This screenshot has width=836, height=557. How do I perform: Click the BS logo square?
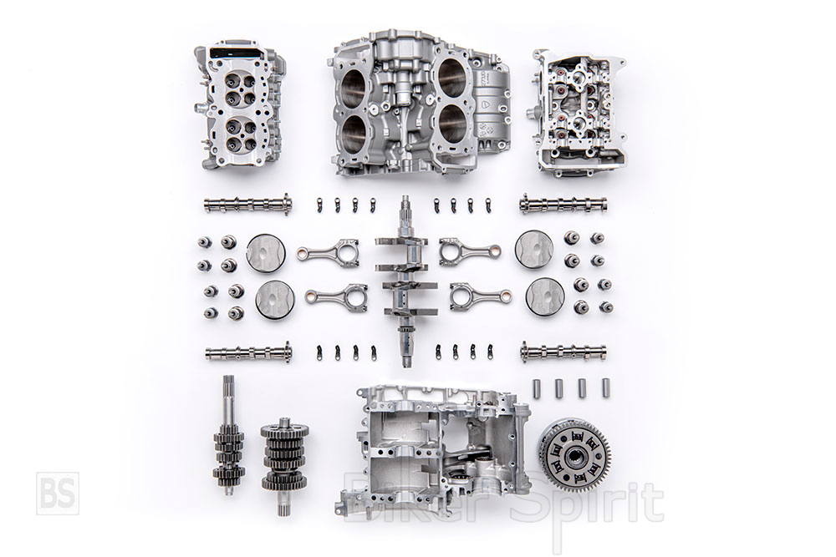tap(58, 493)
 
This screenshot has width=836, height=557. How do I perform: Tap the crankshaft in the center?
tap(405, 281)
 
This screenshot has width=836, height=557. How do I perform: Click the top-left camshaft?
tap(248, 205)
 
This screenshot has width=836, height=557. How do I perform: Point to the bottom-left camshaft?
tap(248, 352)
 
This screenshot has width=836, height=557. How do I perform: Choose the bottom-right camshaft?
tap(563, 352)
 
